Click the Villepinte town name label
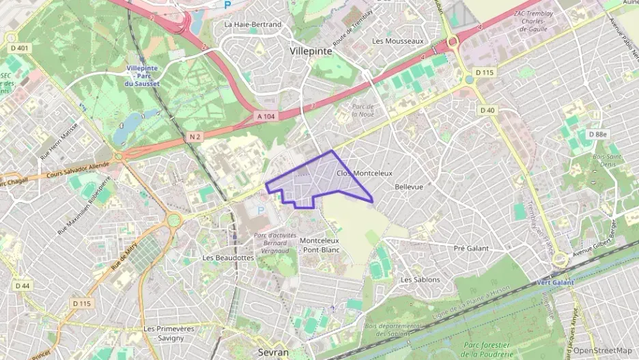click(311, 51)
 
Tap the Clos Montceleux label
click(365, 174)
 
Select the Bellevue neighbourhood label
click(409, 186)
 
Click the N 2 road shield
click(194, 137)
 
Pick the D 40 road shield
click(487, 110)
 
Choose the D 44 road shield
click(22, 286)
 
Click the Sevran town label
click(274, 352)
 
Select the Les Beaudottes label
click(228, 258)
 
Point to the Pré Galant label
click(471, 248)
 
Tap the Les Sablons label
click(420, 279)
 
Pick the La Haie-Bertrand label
click(253, 25)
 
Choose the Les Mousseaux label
click(398, 41)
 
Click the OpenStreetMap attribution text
click(603, 350)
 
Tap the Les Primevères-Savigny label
click(169, 333)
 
